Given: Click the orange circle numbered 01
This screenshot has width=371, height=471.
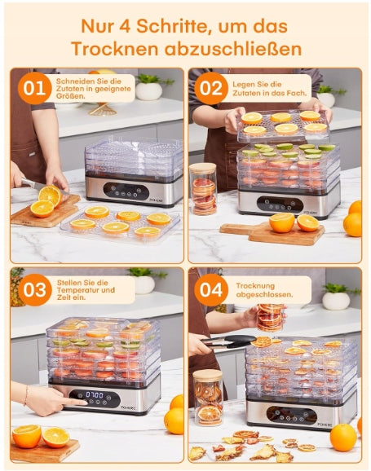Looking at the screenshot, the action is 34,88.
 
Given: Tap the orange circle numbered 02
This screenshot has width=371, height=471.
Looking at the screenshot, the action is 210,88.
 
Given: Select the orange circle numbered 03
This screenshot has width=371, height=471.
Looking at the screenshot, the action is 34,290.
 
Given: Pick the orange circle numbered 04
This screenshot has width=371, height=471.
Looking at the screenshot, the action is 210,290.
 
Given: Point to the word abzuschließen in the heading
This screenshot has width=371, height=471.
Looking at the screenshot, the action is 232,48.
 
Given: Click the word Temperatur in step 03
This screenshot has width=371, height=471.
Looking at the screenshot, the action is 75,290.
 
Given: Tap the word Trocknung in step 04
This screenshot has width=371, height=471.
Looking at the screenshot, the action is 255,286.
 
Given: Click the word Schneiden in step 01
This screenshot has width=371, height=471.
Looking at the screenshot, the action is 72,81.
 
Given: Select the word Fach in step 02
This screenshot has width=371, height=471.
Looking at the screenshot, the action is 298,93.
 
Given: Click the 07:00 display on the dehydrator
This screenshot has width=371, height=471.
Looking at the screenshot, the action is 95,394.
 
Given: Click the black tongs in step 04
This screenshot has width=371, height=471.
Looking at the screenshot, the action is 228,341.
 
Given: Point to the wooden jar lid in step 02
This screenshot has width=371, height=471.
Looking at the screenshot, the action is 203,168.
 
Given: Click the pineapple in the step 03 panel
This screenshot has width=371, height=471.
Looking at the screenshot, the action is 17,287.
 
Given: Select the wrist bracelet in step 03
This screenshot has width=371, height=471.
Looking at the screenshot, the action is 26,394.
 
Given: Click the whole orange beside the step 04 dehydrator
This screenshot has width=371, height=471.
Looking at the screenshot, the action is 343,438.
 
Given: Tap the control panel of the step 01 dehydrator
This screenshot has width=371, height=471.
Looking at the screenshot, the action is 126,191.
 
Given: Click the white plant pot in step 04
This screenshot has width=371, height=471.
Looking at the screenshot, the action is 336,301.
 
